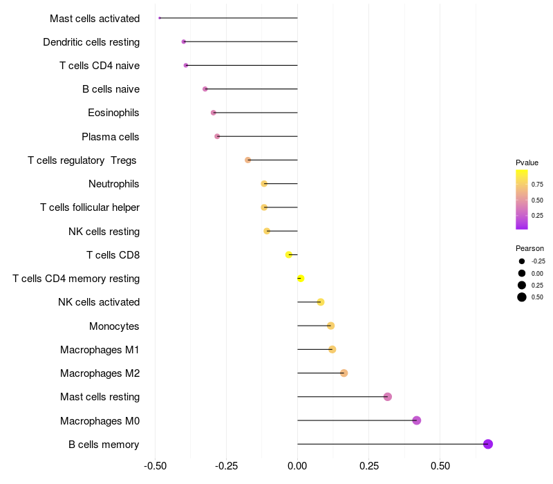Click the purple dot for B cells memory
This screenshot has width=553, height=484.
[488, 444]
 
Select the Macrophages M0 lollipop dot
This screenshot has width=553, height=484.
[416, 420]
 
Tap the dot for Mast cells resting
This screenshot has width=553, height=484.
[388, 397]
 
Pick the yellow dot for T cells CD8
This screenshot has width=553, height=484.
[289, 254]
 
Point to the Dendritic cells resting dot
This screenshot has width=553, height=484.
[184, 41]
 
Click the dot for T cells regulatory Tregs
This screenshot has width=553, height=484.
[248, 160]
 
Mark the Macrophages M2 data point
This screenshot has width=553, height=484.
[344, 373]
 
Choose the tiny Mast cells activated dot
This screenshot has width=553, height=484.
[160, 18]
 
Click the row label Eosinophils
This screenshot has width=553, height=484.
[113, 113]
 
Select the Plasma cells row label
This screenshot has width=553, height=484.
[111, 136]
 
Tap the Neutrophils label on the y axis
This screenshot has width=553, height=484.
[114, 184]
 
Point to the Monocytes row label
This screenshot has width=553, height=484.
[114, 326]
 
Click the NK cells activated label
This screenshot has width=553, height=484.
[99, 302]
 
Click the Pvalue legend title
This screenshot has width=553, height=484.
[527, 162]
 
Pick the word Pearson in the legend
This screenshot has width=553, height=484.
[529, 248]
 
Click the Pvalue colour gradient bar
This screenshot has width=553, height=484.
[522, 199]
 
